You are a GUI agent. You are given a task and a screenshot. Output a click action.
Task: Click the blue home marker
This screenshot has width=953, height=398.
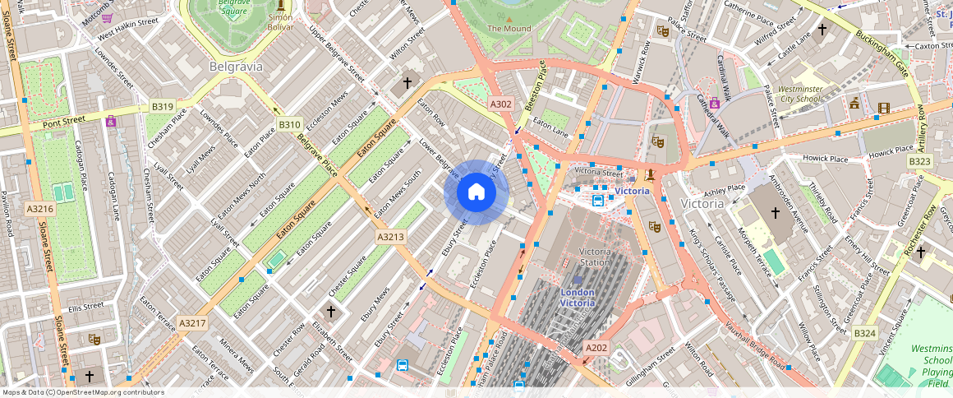click(476, 192)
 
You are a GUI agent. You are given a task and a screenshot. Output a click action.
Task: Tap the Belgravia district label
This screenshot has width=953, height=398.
click(236, 65)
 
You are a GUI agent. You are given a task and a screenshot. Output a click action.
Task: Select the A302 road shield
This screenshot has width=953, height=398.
click(501, 104)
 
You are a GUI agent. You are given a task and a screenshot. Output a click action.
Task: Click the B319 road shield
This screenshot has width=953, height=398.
click(162, 107)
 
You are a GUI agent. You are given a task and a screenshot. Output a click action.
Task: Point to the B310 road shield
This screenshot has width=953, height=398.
click(289, 125)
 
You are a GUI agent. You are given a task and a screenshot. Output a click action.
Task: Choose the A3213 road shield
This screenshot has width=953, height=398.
click(391, 237)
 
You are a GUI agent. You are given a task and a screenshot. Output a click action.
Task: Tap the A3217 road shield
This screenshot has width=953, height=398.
click(191, 323)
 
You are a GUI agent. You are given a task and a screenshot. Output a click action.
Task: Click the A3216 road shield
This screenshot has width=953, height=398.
click(39, 209)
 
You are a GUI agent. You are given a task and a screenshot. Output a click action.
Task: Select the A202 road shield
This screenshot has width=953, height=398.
click(596, 348)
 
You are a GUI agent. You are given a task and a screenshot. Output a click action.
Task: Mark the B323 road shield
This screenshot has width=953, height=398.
click(919, 162)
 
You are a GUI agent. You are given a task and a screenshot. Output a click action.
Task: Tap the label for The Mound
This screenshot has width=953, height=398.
click(509, 28)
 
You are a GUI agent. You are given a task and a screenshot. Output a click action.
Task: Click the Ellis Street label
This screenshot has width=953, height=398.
click(86, 306)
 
